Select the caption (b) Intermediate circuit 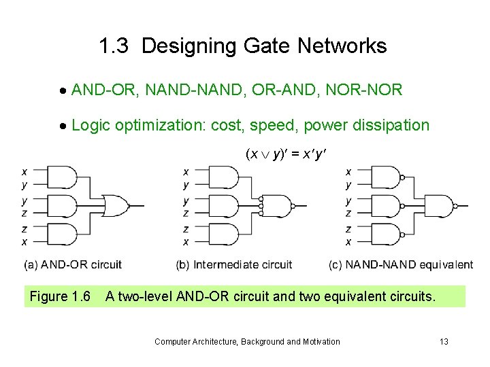pos(233,264)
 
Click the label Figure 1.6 pos(60,297)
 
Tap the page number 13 pos(444,341)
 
